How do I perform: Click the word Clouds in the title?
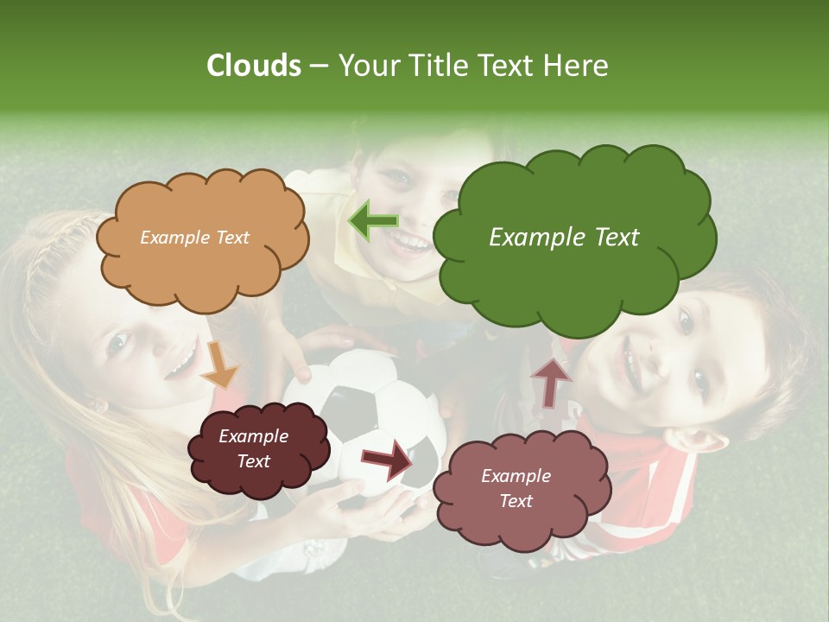[253, 66]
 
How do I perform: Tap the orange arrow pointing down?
[222, 363]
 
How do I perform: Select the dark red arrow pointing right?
[388, 458]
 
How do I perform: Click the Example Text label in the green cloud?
[564, 238]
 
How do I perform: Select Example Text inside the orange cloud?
[194, 238]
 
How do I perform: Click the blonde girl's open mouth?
[182, 362]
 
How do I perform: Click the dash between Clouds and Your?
[319, 67]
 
